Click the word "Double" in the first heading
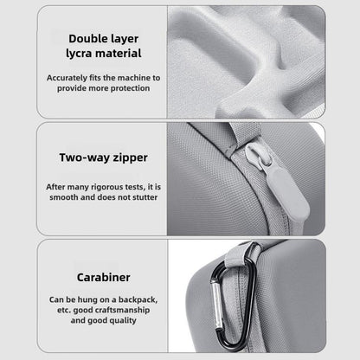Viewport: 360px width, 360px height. [x=87, y=39]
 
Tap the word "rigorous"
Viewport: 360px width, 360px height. [x=107, y=187]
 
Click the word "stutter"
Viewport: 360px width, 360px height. [x=143, y=197]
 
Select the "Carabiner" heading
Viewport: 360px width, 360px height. [x=103, y=278]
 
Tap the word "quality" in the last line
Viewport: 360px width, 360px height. [x=123, y=321]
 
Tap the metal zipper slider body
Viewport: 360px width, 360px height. [x=259, y=157]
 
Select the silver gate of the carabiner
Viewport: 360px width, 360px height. [x=219, y=306]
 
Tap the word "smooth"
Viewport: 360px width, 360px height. [x=64, y=197]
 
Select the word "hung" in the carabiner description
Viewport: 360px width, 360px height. [x=87, y=300]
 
